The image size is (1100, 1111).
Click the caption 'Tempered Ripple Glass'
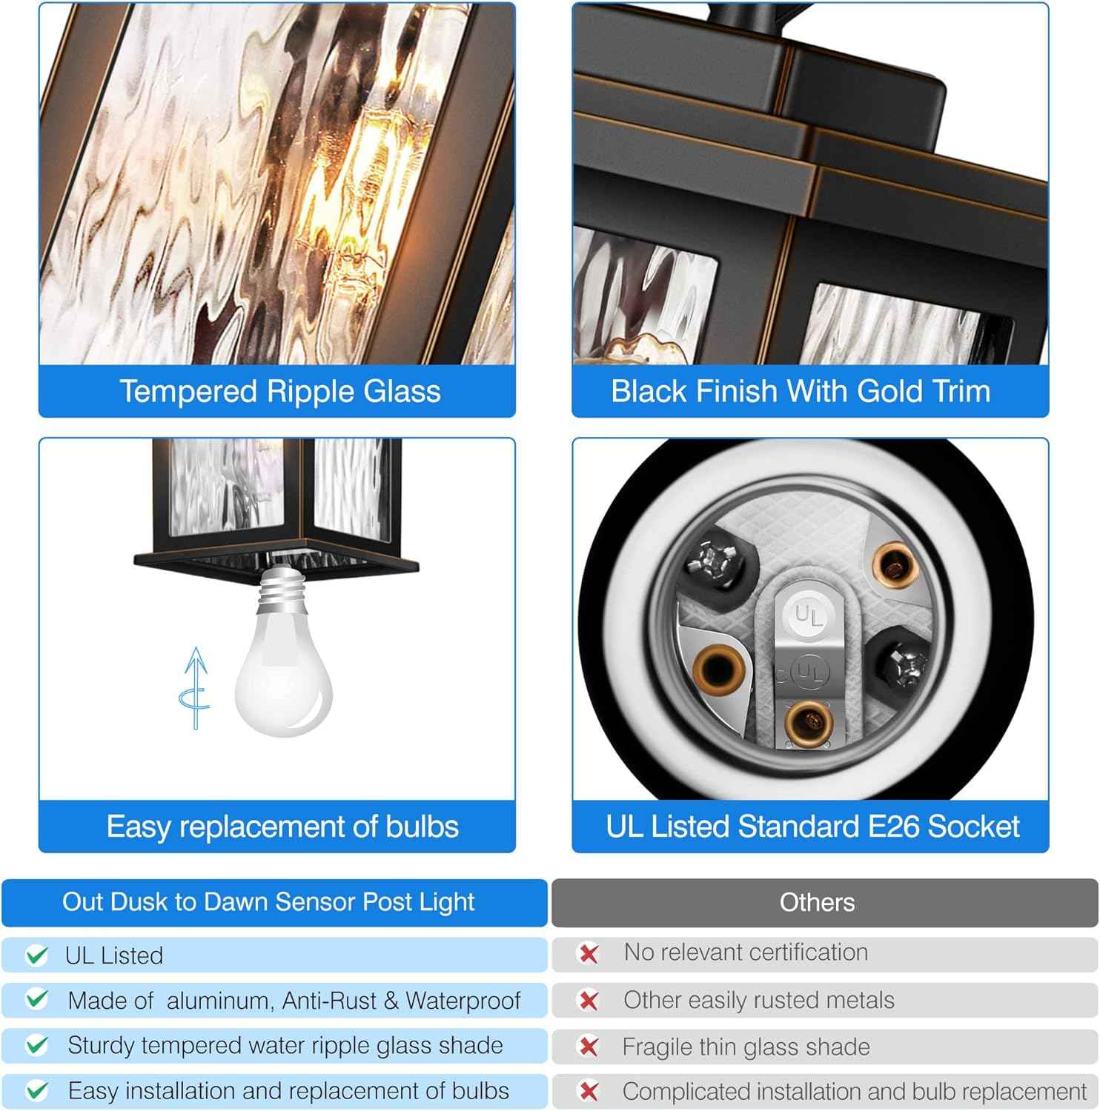(x=280, y=391)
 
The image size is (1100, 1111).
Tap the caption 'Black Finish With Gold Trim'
(x=801, y=391)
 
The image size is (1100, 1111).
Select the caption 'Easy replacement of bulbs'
(x=282, y=827)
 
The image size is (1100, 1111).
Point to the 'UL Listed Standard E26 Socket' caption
(x=812, y=827)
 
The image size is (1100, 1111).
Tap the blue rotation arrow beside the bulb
(x=195, y=688)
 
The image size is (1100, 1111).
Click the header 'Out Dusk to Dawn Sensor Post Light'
(x=268, y=901)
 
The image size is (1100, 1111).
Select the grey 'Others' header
(x=817, y=902)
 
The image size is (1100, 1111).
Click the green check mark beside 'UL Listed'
(x=36, y=955)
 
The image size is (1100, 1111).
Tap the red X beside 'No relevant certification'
(x=589, y=953)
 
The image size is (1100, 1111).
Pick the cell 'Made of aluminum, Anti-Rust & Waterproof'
(x=294, y=1001)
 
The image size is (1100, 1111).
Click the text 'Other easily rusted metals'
(x=759, y=1000)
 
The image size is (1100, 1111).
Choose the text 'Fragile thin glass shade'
(x=746, y=1047)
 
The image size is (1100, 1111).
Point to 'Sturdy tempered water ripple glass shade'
(x=285, y=1045)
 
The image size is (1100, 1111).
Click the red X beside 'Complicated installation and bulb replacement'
(x=589, y=1091)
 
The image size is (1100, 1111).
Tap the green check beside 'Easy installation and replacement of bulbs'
(x=36, y=1090)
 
